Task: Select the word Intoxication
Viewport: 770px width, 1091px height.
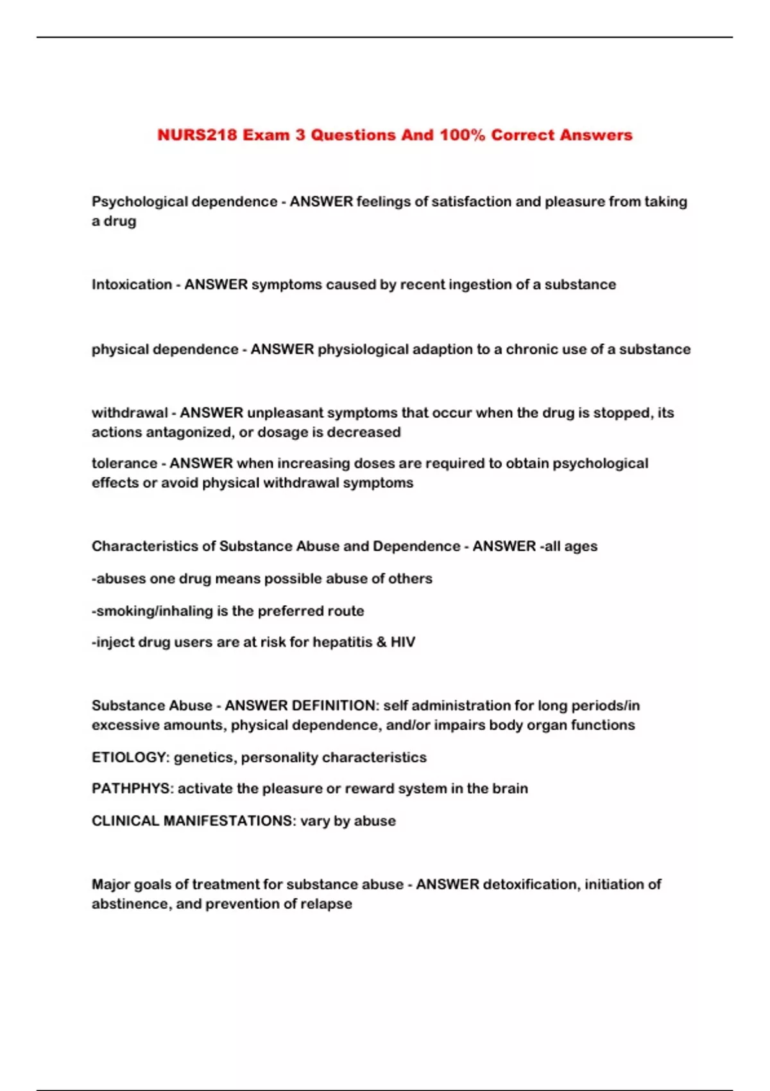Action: [132, 284]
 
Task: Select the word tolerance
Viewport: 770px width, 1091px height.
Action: [124, 463]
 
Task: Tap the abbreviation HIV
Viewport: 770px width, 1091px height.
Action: [403, 642]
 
